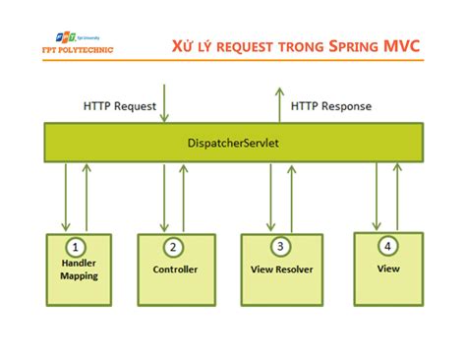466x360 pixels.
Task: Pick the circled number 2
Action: [175, 247]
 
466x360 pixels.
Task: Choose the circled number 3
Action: [281, 247]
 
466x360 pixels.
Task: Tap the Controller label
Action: [176, 269]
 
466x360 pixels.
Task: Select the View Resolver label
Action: [282, 269]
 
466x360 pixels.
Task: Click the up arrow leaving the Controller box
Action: [184, 197]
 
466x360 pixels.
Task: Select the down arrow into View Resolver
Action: [270, 197]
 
